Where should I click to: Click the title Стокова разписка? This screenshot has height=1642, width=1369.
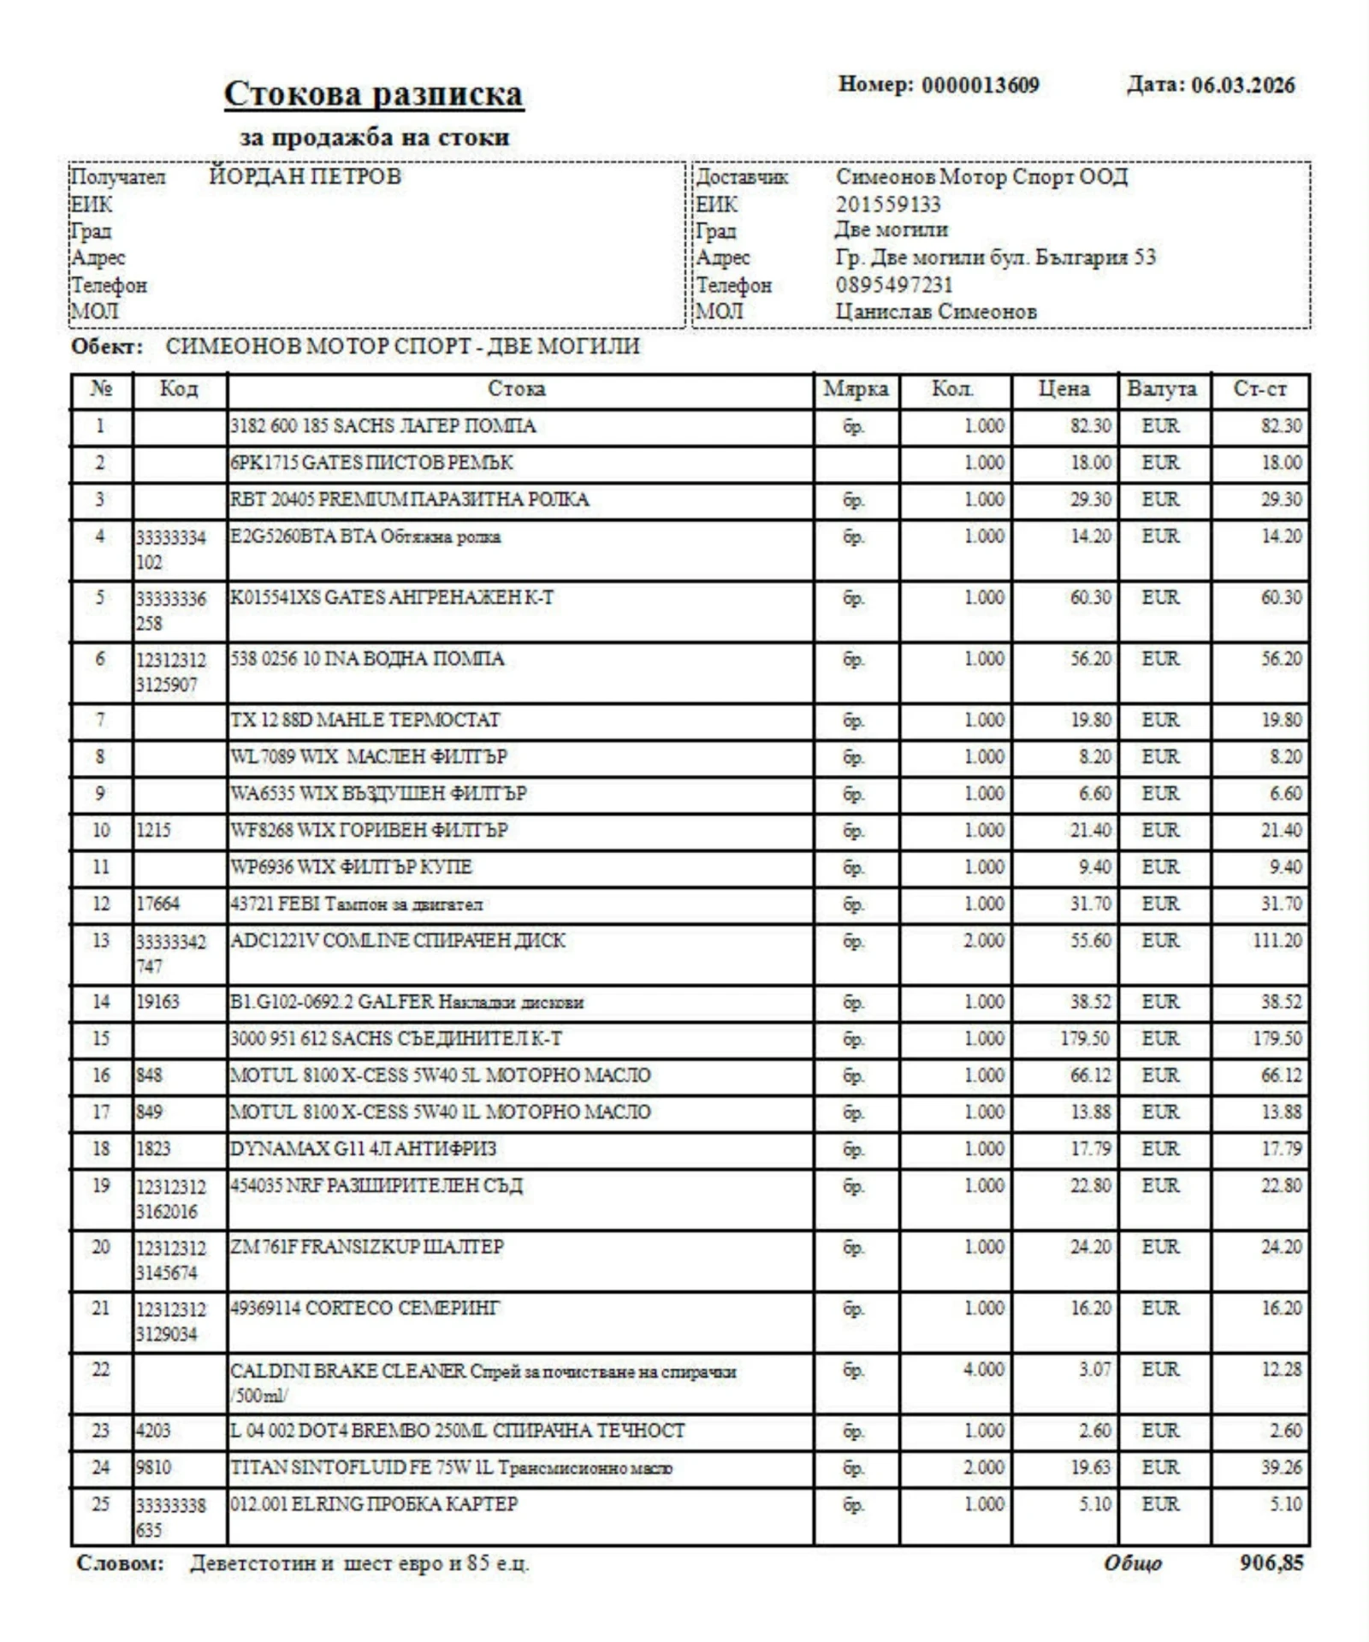(x=373, y=94)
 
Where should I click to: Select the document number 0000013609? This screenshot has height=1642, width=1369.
(x=980, y=86)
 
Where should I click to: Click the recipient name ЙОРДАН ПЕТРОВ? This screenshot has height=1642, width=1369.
(x=305, y=177)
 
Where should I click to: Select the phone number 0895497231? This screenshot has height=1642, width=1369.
(x=893, y=285)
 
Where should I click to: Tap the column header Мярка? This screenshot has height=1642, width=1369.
(x=856, y=389)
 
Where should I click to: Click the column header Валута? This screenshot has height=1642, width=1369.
(x=1161, y=389)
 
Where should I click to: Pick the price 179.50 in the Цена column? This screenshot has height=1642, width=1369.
(x=1084, y=1039)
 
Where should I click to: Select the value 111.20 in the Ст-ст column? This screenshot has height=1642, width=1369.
(x=1277, y=941)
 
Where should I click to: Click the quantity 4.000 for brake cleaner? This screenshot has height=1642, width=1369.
(x=983, y=1370)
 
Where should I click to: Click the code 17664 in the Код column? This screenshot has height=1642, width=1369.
(x=158, y=904)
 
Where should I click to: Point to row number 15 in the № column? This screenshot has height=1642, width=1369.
(x=101, y=1039)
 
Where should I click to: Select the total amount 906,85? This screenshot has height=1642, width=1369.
(x=1271, y=1563)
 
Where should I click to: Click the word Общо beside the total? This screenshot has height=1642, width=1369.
(x=1132, y=1563)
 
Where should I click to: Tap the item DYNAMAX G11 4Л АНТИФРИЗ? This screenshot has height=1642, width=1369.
(x=363, y=1149)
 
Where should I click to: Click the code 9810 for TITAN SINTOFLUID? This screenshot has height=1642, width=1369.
(x=153, y=1468)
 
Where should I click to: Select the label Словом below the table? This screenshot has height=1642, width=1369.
(x=120, y=1563)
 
